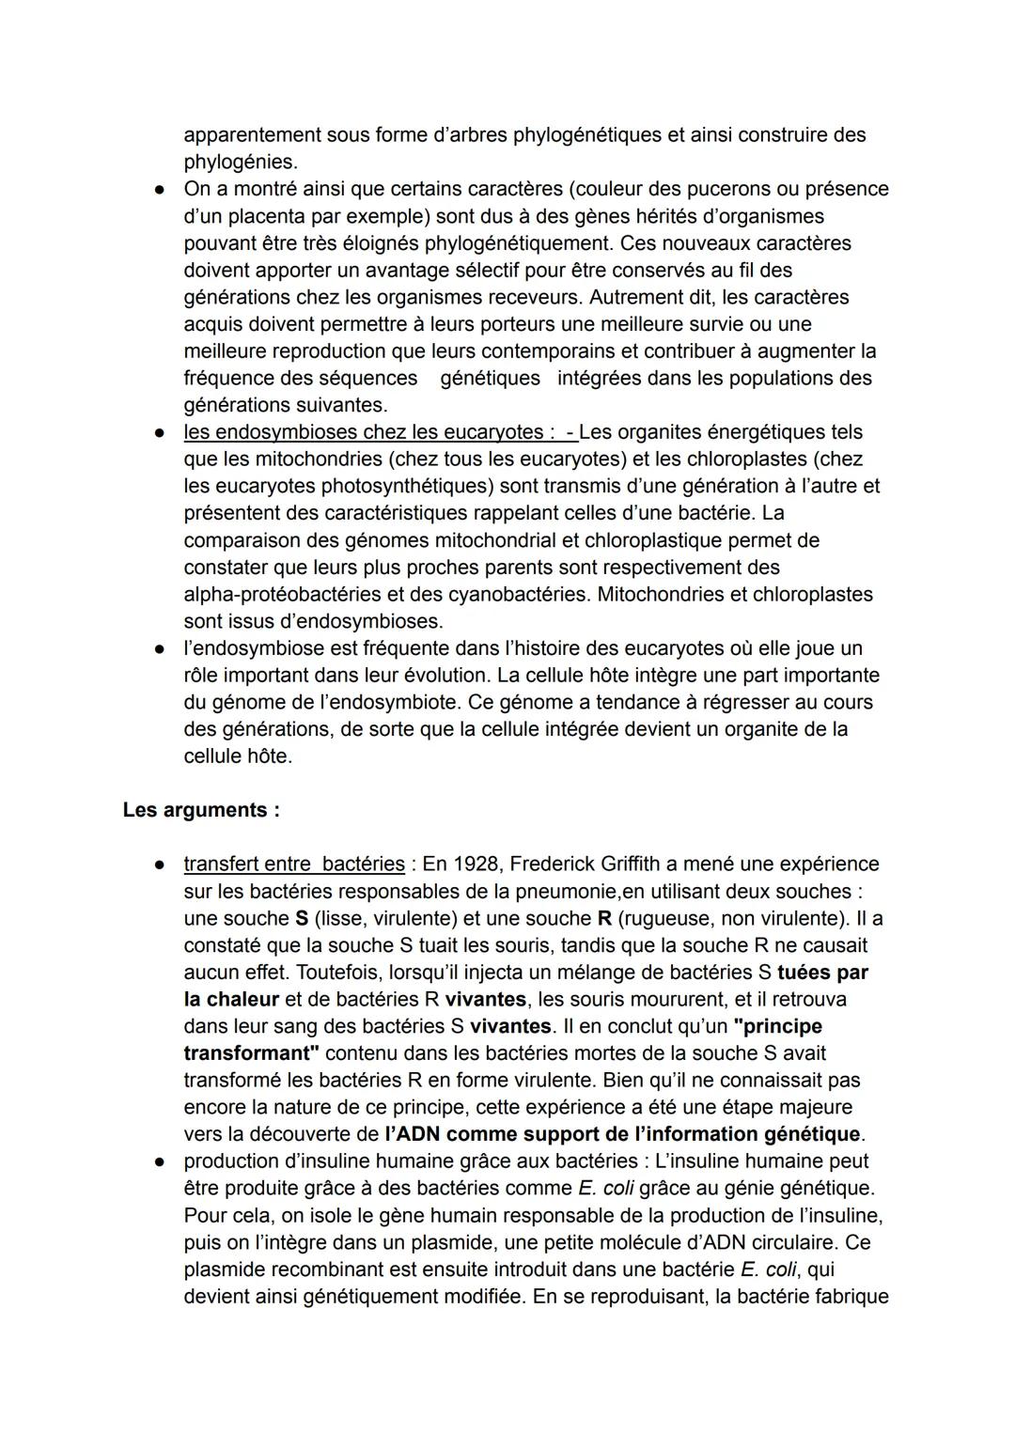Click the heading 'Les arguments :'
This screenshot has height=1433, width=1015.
pos(201,810)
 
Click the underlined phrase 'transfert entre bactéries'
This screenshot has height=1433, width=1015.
pos(294,864)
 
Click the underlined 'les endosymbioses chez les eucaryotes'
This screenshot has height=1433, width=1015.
pos(363,432)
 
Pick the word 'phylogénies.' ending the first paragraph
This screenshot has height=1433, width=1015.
pos(240,162)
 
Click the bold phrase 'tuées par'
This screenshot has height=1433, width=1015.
pos(823,972)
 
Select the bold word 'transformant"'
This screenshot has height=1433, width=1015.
pos(251,1053)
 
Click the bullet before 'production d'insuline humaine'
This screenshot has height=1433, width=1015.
pos(161,1162)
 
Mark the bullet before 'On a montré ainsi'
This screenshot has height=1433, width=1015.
pos(161,190)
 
